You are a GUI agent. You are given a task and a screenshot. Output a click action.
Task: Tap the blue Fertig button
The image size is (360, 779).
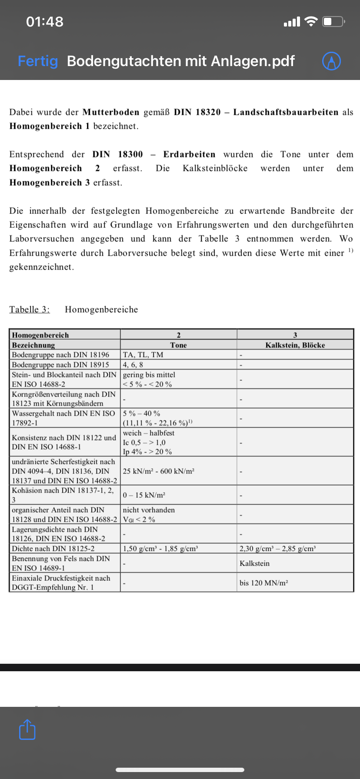(38, 61)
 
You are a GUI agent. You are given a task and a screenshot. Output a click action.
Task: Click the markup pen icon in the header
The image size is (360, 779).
(331, 61)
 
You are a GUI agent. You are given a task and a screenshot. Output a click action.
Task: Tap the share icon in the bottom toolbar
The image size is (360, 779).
(27, 729)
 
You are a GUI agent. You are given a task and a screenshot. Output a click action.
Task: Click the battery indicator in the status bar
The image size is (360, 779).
(333, 21)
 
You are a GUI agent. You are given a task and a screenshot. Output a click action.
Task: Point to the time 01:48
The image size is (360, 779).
(45, 22)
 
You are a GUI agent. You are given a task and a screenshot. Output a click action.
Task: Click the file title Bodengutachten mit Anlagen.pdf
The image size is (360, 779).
(181, 61)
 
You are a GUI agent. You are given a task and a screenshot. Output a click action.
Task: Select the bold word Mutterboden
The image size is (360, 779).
(111, 112)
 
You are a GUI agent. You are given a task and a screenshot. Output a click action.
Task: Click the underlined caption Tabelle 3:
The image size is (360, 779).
(30, 310)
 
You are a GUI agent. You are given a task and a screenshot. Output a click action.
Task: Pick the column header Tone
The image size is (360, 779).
(178, 345)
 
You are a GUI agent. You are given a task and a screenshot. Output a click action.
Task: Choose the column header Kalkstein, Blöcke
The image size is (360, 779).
(295, 345)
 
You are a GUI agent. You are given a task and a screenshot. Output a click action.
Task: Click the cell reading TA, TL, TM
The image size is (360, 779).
(143, 355)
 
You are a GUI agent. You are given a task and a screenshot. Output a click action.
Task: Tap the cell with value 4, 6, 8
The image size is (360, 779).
(133, 365)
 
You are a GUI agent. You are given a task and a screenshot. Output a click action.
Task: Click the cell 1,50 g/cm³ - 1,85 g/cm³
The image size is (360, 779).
(160, 549)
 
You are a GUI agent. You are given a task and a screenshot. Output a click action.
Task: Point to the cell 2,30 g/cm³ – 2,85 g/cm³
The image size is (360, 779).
(277, 549)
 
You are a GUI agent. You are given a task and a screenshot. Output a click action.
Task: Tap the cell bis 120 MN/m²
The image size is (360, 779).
(263, 583)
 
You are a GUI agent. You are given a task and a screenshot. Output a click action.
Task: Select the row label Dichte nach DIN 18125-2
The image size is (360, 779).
(53, 549)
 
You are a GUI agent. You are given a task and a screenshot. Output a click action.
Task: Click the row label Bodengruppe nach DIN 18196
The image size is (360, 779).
(60, 355)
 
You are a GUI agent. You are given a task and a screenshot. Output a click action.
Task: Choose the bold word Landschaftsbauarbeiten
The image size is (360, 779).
(286, 112)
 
